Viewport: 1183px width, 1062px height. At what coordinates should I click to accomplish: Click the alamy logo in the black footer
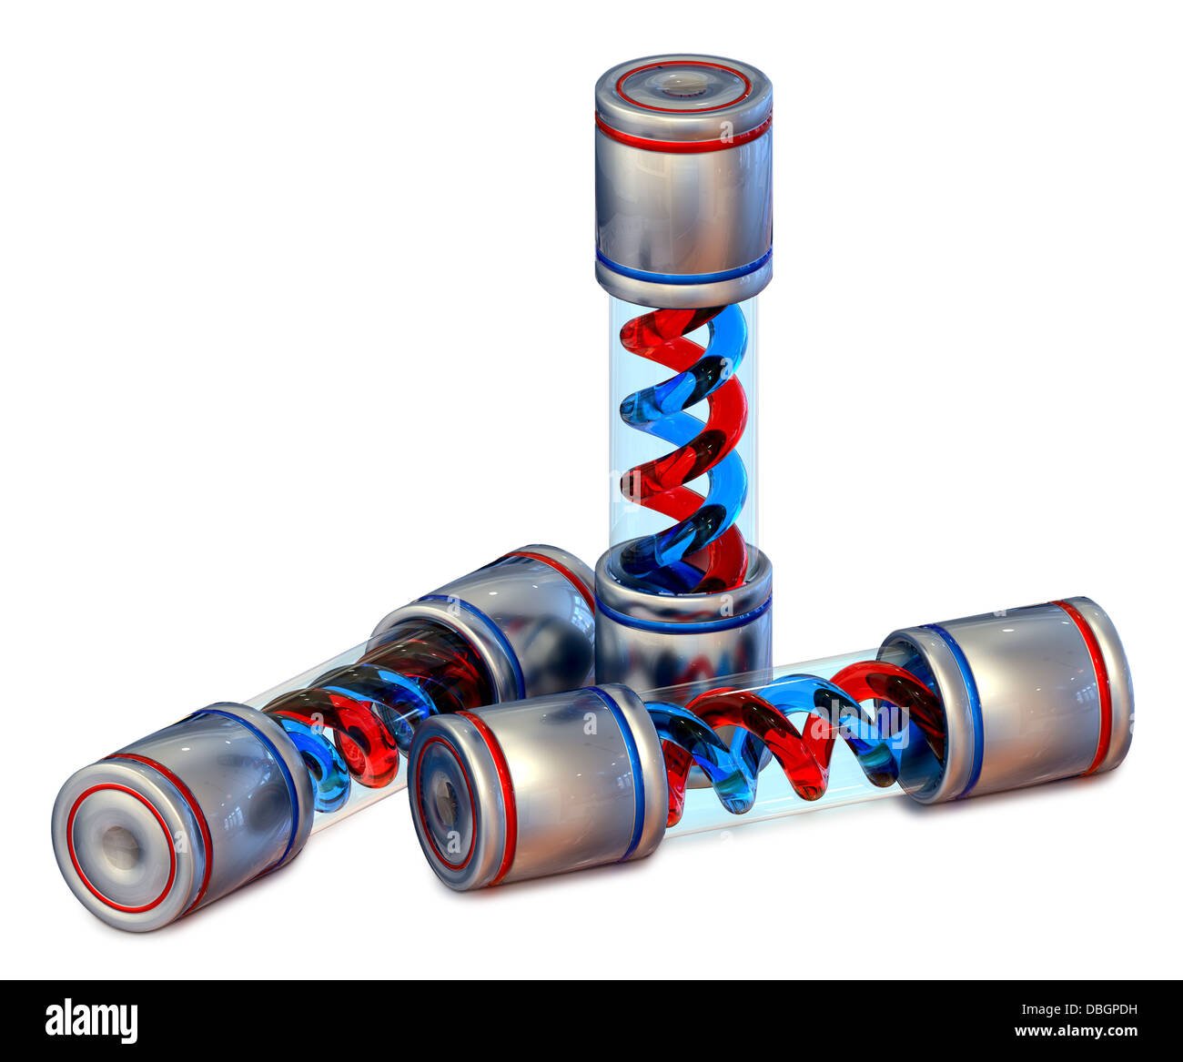91,1020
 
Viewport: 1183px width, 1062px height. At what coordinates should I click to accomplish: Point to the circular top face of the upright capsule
683,84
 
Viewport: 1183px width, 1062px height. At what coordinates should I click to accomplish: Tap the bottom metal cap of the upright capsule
683,628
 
